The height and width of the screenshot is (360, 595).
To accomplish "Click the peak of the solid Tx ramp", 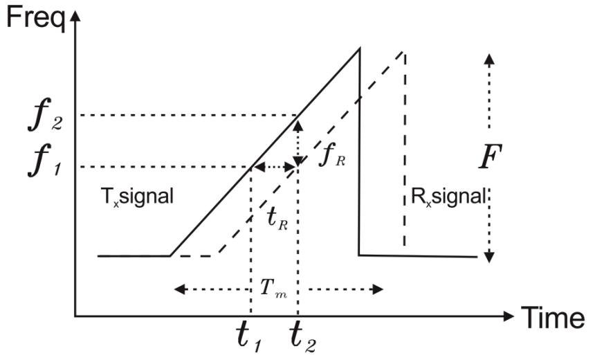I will (359, 48).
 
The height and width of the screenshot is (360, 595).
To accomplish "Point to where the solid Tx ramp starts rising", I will (170, 256).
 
